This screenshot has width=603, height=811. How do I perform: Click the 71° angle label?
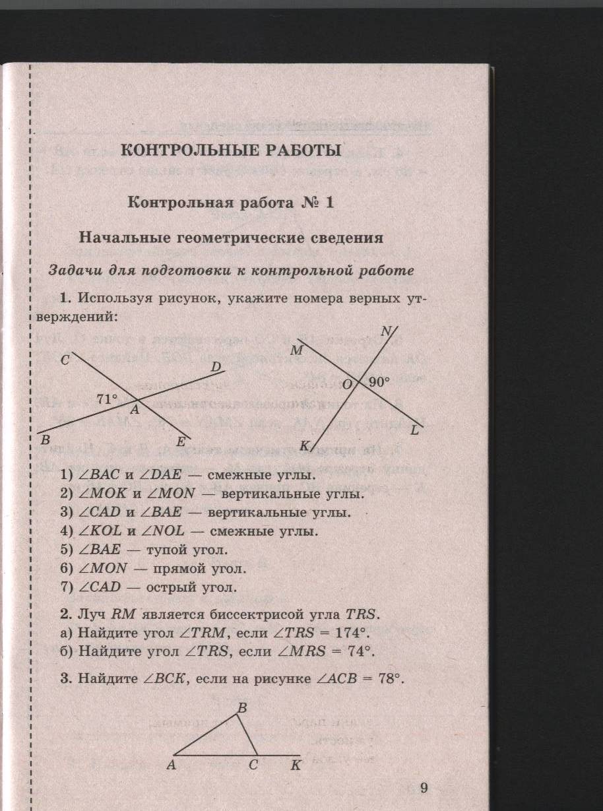tap(107, 399)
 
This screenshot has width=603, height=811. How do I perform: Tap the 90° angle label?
tap(379, 381)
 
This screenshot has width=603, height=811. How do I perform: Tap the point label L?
tap(414, 431)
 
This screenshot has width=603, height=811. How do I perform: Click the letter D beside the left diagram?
tap(216, 366)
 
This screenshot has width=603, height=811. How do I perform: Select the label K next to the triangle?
tap(296, 765)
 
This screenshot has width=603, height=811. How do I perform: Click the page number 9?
tap(424, 788)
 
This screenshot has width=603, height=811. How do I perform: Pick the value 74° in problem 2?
tap(357, 652)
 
